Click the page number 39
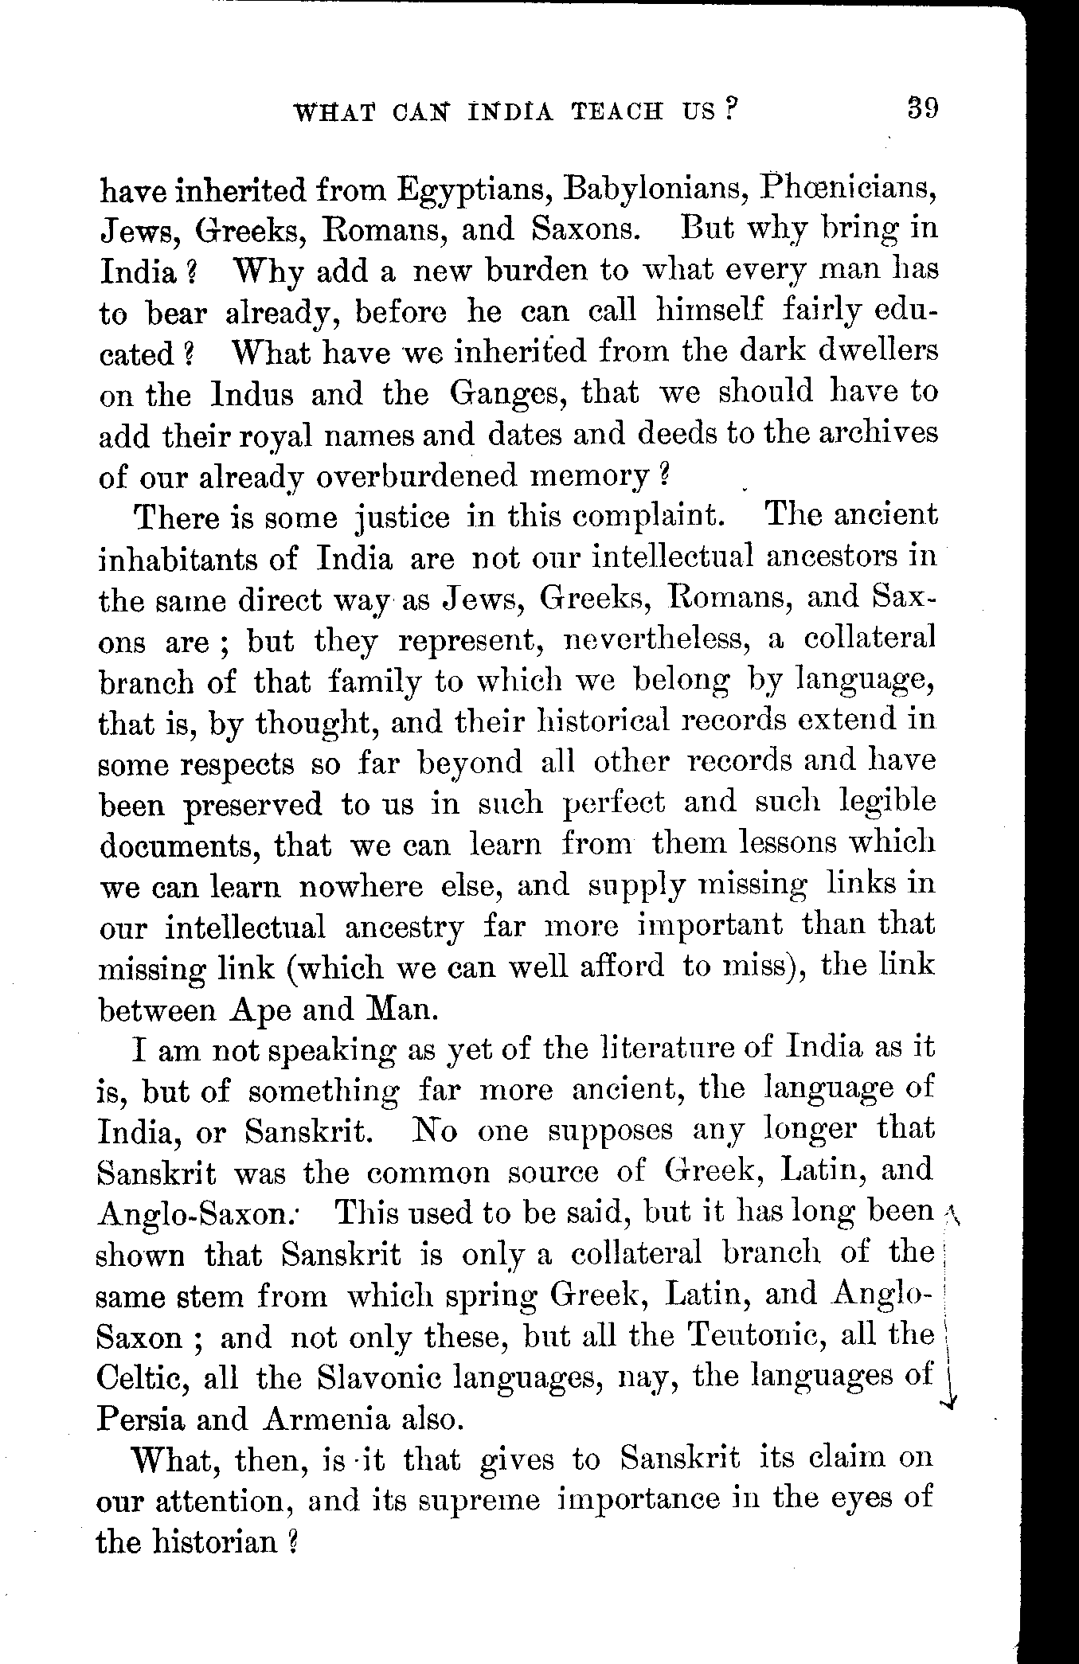tap(923, 107)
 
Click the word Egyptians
tap(472, 192)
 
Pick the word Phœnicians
tap(848, 190)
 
